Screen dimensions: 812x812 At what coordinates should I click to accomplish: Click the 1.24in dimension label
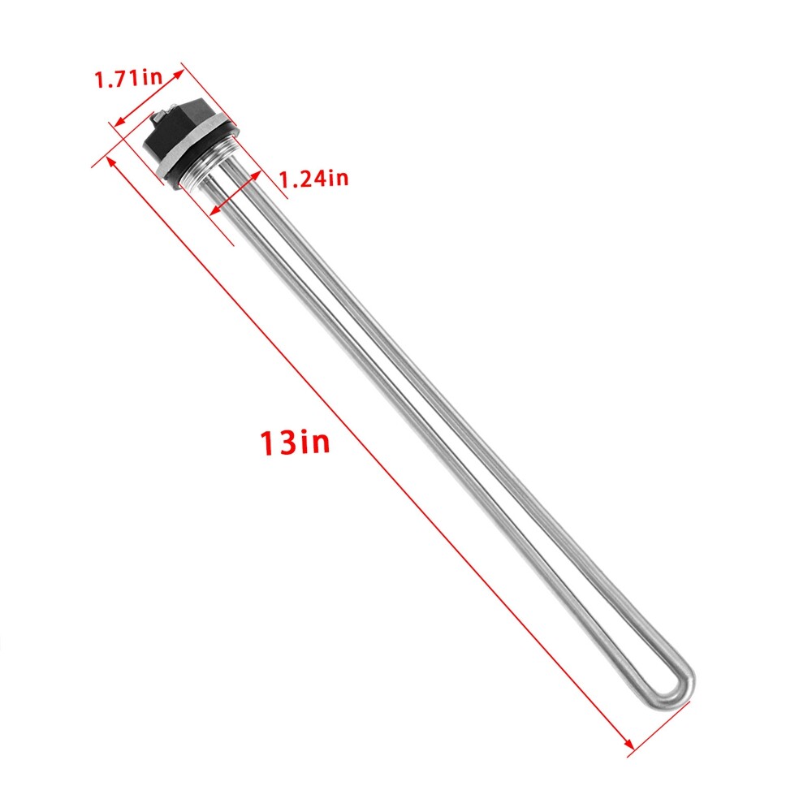[x=313, y=179]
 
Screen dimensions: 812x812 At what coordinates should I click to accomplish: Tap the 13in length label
[x=295, y=443]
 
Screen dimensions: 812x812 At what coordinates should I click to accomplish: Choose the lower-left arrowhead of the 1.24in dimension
[x=213, y=213]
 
